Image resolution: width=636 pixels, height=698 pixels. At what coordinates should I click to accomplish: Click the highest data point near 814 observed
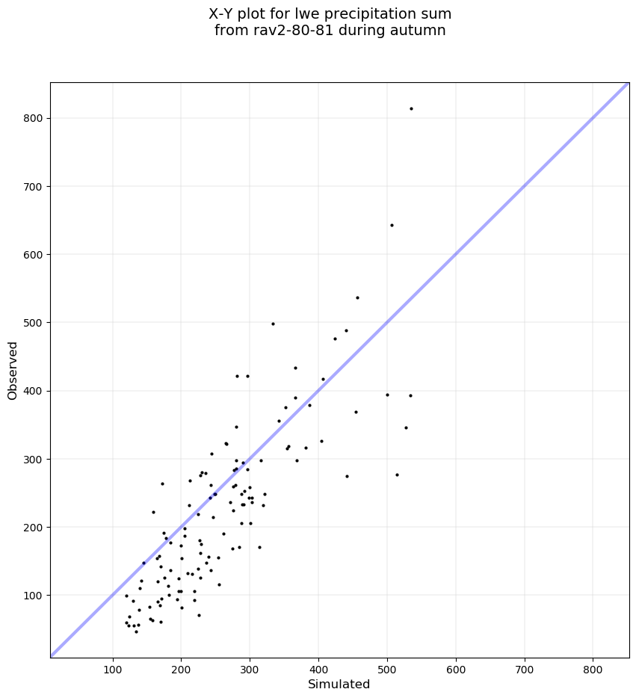[x=411, y=108]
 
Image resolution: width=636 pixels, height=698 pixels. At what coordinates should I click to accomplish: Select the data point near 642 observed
[x=392, y=225]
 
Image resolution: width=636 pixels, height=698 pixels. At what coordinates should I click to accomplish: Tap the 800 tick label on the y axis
[x=33, y=118]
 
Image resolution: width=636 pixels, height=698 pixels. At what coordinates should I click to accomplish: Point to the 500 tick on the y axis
[x=33, y=323]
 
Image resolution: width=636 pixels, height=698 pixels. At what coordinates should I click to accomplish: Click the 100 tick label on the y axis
[x=33, y=596]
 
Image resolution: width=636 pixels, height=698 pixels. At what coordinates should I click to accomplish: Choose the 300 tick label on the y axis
[x=33, y=459]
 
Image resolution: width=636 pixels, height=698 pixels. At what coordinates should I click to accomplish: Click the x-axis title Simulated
[x=339, y=684]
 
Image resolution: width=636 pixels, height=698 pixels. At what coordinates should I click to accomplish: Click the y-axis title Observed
[x=13, y=371]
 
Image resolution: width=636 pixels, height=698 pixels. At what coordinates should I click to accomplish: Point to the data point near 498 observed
[x=273, y=324]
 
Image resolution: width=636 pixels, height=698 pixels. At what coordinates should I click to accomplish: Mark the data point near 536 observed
[x=357, y=297]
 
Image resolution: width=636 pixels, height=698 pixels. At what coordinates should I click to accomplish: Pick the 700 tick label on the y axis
[x=33, y=186]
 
